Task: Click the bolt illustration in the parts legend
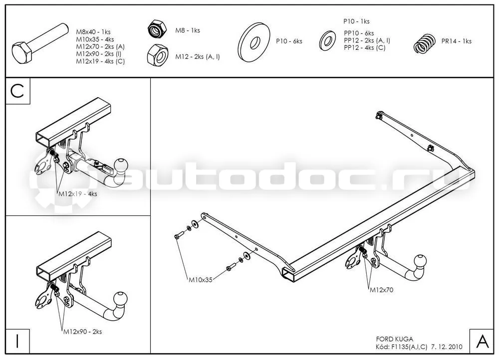[x=39, y=44]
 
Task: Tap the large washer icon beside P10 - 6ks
[x=254, y=42]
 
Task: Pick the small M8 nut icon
[x=157, y=28]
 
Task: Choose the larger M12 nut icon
[x=158, y=55]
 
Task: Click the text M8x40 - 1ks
[x=93, y=32]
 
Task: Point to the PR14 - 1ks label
[x=457, y=41]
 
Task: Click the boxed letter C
[x=17, y=91]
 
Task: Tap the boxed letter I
[x=17, y=341]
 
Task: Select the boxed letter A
[x=482, y=341]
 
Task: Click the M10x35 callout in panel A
[x=201, y=280]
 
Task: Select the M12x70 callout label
[x=381, y=290]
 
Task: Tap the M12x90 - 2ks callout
[x=82, y=332]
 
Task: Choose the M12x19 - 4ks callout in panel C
[x=78, y=193]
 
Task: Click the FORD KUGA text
[x=395, y=339]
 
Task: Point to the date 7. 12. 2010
[x=447, y=347]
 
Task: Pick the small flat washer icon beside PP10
[x=327, y=40]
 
